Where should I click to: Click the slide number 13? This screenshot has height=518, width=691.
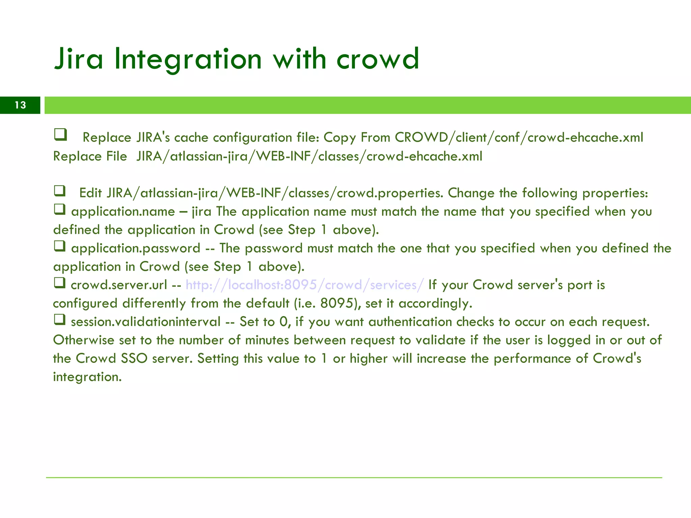click(x=20, y=105)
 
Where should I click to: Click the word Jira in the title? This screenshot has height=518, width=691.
click(x=78, y=59)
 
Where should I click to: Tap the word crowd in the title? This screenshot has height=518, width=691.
click(x=378, y=59)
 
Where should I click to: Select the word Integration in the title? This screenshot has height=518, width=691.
click(x=188, y=59)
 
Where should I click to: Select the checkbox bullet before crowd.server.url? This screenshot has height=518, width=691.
click(x=60, y=283)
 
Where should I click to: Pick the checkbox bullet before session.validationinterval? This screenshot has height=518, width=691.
click(x=60, y=319)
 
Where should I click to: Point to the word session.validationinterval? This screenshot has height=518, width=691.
click(x=145, y=322)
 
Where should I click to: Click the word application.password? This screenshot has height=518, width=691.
click(x=136, y=249)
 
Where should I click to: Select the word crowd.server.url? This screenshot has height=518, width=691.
click(x=119, y=285)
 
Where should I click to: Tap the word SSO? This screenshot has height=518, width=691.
click(x=134, y=358)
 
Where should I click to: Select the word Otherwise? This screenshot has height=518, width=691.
click(x=83, y=340)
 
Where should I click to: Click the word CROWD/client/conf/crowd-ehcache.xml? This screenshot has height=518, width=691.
click(x=519, y=138)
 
